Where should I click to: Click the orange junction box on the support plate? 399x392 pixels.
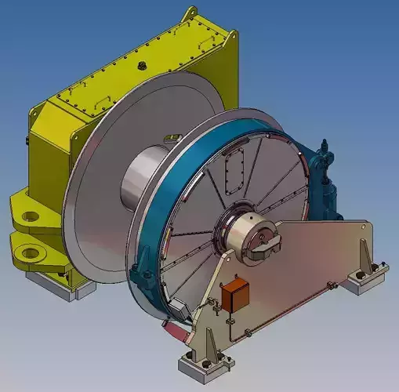tap(234, 296)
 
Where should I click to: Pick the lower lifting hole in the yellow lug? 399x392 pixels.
tap(33, 252)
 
